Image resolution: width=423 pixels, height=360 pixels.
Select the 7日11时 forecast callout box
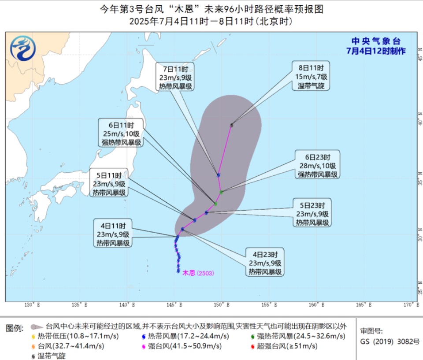click(x=175, y=77)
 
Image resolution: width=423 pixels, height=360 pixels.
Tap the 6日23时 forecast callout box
click(x=318, y=165)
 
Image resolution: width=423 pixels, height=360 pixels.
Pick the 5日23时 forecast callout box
click(x=312, y=214)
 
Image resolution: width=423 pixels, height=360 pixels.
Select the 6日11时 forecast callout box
click(x=120, y=134)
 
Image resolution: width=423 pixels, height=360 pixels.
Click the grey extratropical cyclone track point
click(x=232, y=125)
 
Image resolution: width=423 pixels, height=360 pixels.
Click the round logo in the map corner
click(x=23, y=48)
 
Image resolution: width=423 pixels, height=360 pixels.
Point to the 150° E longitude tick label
click(x=222, y=304)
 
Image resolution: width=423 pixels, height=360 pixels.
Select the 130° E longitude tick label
click(x=32, y=304)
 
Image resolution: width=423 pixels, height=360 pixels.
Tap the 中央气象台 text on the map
click(x=376, y=41)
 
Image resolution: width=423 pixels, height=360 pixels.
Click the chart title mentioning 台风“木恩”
click(x=211, y=9)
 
